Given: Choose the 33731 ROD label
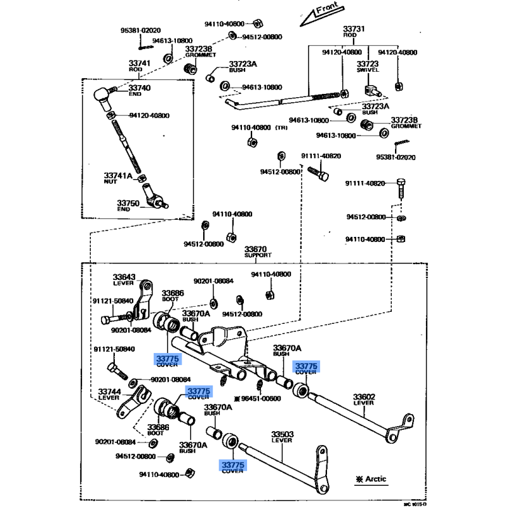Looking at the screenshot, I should (354, 32).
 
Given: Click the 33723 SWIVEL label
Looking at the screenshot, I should (367, 67).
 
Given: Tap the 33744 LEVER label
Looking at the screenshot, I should (109, 394).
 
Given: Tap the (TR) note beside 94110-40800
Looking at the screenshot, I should (281, 128).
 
